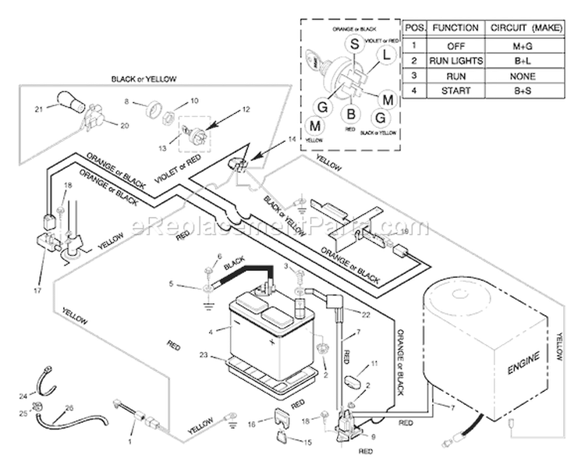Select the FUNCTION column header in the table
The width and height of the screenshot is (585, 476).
(x=456, y=27)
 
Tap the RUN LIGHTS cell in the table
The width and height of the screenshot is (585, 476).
(x=456, y=60)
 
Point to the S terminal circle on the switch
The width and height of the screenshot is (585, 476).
(x=353, y=45)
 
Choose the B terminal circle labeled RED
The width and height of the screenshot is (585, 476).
(x=351, y=115)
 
